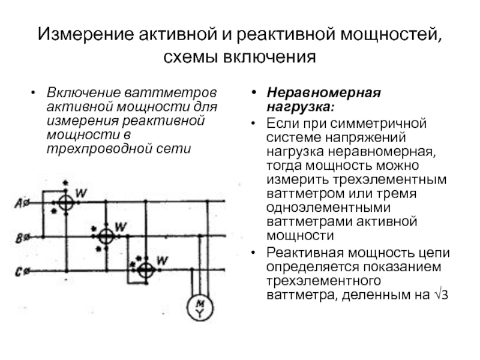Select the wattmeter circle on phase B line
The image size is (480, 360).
(x=106, y=236)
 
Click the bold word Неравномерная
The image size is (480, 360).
(x=324, y=94)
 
